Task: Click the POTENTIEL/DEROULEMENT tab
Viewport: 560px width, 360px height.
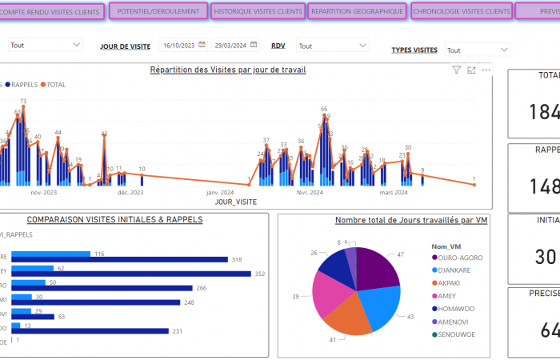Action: [x=158, y=12]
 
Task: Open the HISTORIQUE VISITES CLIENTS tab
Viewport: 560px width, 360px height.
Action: [x=258, y=12]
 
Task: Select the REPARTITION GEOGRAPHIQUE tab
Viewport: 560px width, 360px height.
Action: [x=357, y=12]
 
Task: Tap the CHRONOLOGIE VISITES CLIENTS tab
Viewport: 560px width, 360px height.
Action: [x=462, y=12]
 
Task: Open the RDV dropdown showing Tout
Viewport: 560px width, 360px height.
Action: [x=332, y=46]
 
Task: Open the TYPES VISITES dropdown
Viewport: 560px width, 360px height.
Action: [x=477, y=50]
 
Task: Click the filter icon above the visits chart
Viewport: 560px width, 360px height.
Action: [x=457, y=70]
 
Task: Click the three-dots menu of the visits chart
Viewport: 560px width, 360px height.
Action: [x=486, y=70]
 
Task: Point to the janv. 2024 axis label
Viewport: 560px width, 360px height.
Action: [x=219, y=192]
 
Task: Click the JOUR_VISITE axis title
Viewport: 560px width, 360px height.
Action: [x=235, y=202]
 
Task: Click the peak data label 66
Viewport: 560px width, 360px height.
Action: [x=324, y=109]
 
